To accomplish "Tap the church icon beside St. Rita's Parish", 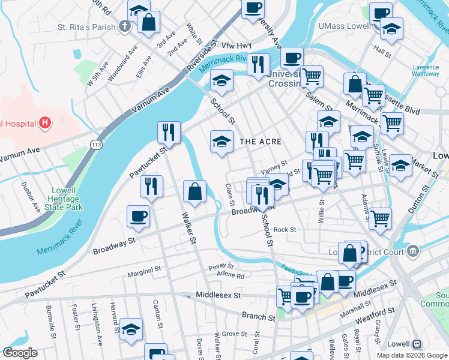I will (x=124, y=26).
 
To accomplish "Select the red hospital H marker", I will (x=44, y=124).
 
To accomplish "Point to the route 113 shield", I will (x=95, y=145).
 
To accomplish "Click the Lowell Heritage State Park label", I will (x=63, y=199).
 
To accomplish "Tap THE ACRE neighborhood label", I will (x=261, y=141).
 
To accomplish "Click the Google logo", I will (x=20, y=353).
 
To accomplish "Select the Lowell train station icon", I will (x=417, y=345).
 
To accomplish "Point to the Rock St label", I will (x=285, y=229).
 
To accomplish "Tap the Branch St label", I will (x=258, y=315).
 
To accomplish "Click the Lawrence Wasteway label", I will (x=426, y=70).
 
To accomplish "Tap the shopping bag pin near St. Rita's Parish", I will (x=148, y=22).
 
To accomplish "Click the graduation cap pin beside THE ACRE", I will (x=221, y=142).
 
